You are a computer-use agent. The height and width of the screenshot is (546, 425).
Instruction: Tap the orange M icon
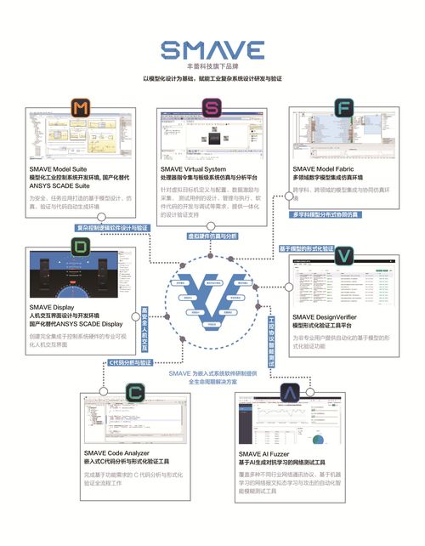coord(80,108)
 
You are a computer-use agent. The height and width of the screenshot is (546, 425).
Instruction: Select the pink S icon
coord(211,106)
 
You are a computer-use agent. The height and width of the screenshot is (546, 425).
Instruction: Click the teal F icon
coord(343,107)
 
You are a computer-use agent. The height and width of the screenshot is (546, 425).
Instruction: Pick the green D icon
coord(80,247)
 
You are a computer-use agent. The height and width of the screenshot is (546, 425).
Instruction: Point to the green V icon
coord(343,255)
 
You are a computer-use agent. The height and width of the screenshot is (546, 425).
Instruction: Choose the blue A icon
coord(291,393)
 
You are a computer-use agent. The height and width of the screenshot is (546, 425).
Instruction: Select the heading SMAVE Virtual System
coord(194,169)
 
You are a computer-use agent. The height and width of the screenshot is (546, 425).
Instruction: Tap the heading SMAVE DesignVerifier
coord(326,316)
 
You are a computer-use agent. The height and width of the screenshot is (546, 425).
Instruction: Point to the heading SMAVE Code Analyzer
coord(120,452)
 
